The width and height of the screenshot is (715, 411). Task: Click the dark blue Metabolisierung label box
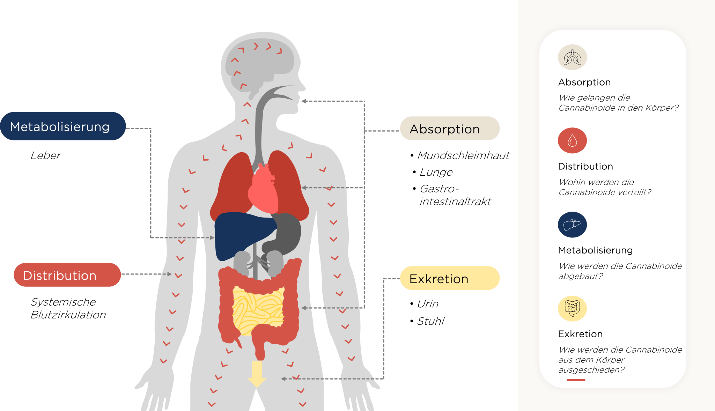63,126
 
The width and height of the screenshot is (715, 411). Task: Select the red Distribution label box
67,275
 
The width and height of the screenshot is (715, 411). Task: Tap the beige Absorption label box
450,129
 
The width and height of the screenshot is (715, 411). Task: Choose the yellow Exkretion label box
450,278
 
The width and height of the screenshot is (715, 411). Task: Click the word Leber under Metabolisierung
45,156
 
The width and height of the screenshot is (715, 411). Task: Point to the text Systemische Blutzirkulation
68,308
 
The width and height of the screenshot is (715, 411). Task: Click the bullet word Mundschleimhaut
463,156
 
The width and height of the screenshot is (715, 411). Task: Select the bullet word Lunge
436,172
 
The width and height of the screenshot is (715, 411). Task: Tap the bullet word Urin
428,304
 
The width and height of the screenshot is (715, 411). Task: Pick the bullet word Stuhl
430,321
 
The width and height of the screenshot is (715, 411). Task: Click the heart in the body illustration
263,190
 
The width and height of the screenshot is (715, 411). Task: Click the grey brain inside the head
260,63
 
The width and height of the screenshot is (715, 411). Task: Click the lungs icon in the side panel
572,57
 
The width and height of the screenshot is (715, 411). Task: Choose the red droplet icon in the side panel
572,140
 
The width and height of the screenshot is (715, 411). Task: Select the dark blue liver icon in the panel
572,225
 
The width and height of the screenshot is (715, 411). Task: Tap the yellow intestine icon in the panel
572,308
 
